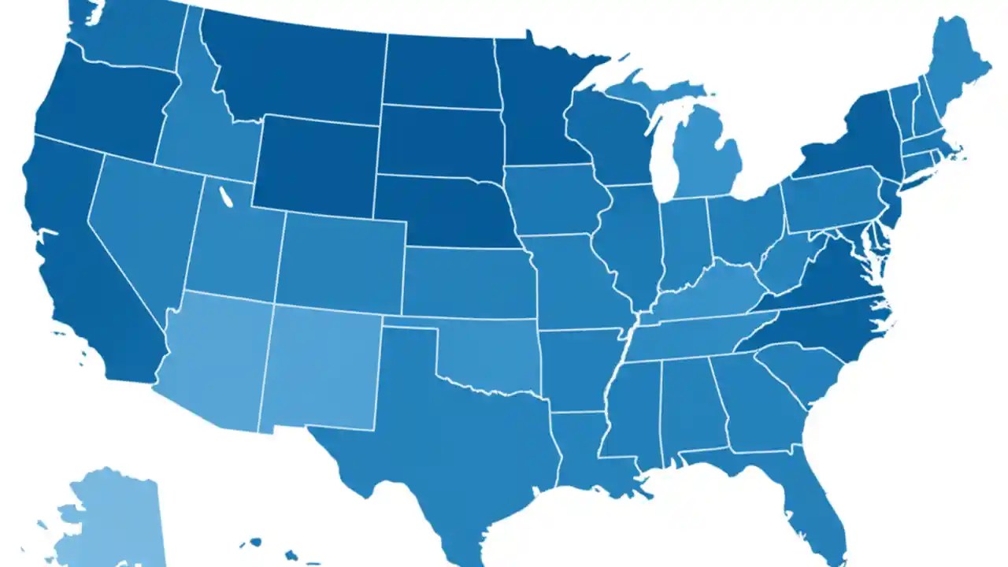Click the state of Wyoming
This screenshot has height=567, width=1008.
[315, 165]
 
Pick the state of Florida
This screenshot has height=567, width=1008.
[819, 504]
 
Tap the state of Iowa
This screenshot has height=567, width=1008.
[555, 201]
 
